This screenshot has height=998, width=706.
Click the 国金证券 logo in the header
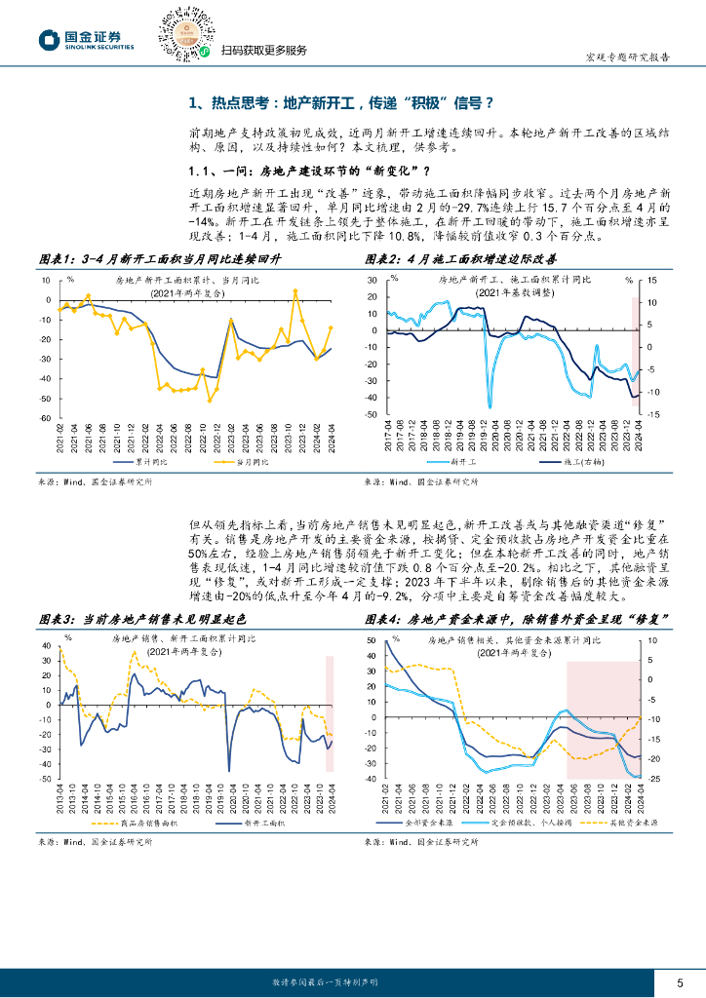pyautogui.click(x=86, y=39)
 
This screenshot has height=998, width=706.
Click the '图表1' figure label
pyautogui.click(x=56, y=259)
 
